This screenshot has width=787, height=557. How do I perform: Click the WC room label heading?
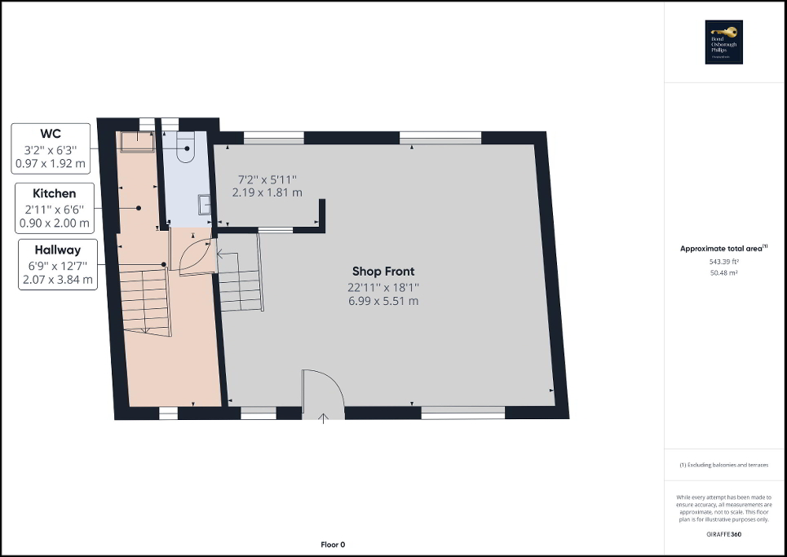pos(51,133)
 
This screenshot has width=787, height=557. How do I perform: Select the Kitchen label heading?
pos(54,193)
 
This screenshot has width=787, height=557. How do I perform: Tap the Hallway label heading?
pos(57,250)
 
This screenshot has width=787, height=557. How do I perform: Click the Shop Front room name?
pos(383,272)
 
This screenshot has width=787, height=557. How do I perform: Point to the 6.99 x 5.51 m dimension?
pos(383,301)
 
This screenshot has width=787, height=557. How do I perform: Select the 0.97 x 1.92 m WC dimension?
pos(51,163)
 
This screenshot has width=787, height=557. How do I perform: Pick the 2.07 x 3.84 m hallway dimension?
pos(57,280)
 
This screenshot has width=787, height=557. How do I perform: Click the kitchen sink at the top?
pos(137,141)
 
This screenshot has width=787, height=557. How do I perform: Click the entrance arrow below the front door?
pos(323,418)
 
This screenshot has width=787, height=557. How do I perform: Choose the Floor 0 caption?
pos(332,544)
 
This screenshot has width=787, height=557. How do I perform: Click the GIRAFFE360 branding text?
pos(724,533)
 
